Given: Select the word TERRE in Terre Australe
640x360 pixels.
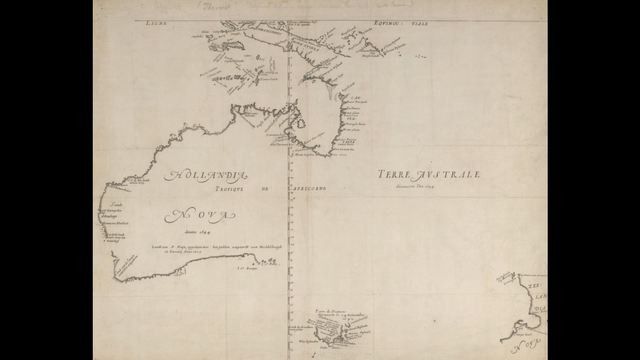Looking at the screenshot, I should point(397,174).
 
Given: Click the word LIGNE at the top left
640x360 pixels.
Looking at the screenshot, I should point(158,19).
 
